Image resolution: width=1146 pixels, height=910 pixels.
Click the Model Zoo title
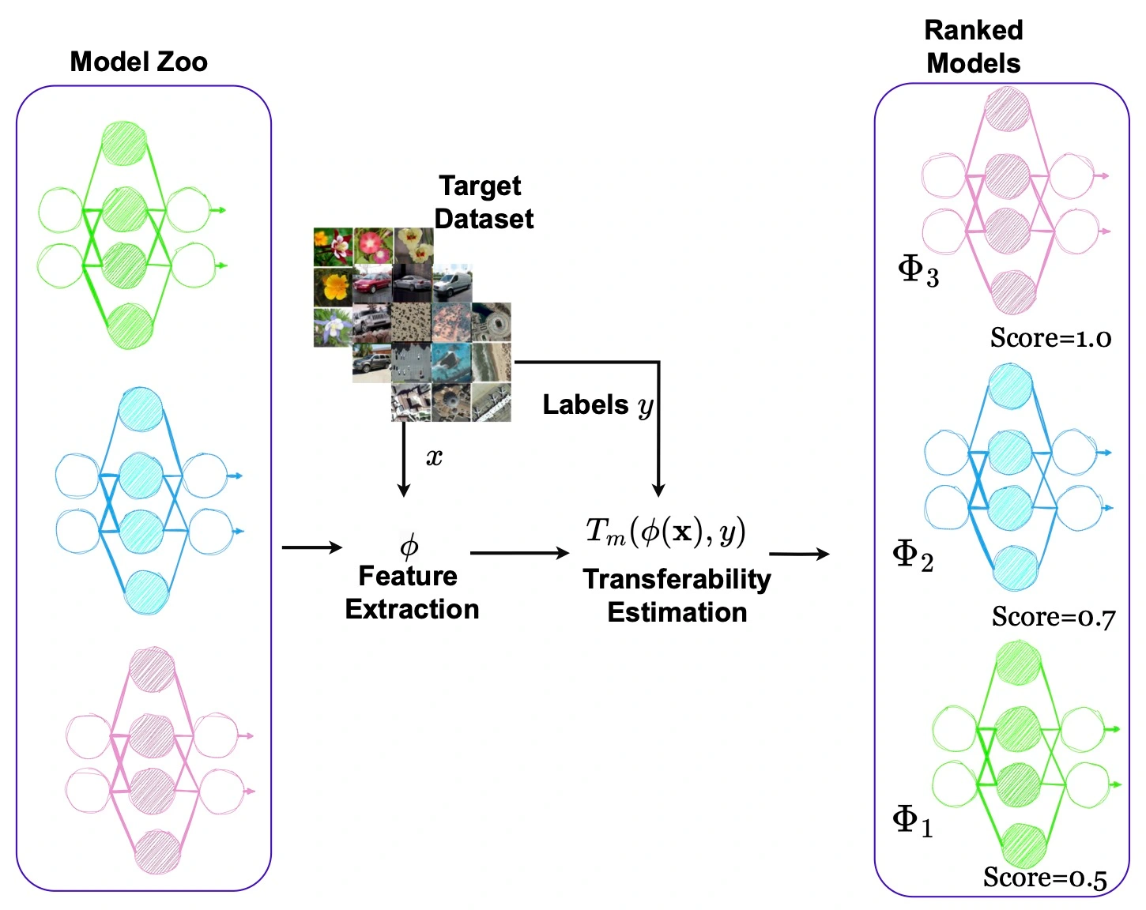coord(138,62)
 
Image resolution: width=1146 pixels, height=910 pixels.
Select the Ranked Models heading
coord(974,47)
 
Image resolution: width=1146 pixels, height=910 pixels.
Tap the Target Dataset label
coord(483,202)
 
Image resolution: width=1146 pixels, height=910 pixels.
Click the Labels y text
coord(598,405)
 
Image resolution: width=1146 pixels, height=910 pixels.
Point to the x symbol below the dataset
coord(434,457)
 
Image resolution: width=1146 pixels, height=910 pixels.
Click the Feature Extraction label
coord(411,592)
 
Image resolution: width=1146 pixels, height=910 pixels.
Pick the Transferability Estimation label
coord(677,596)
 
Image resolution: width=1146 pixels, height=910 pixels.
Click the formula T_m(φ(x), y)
coord(665,532)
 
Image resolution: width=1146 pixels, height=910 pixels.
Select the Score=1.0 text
coord(1050,338)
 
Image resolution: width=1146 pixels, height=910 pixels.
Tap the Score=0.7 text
coord(1054,617)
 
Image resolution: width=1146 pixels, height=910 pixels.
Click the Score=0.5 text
coord(1045,878)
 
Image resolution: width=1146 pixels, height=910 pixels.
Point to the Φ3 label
coord(918,271)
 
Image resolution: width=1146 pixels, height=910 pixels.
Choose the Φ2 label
coord(913,555)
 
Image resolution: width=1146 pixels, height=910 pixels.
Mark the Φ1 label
coord(913,821)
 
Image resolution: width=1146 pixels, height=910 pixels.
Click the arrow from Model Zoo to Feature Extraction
coord(312,547)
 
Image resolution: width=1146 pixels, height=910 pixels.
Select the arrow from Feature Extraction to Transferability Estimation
coord(519,553)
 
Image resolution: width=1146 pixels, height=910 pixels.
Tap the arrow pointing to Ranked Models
coord(799,554)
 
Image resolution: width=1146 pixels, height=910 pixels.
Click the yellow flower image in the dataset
coord(333,286)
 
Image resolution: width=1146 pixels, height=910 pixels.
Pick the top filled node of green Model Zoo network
coord(125,143)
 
